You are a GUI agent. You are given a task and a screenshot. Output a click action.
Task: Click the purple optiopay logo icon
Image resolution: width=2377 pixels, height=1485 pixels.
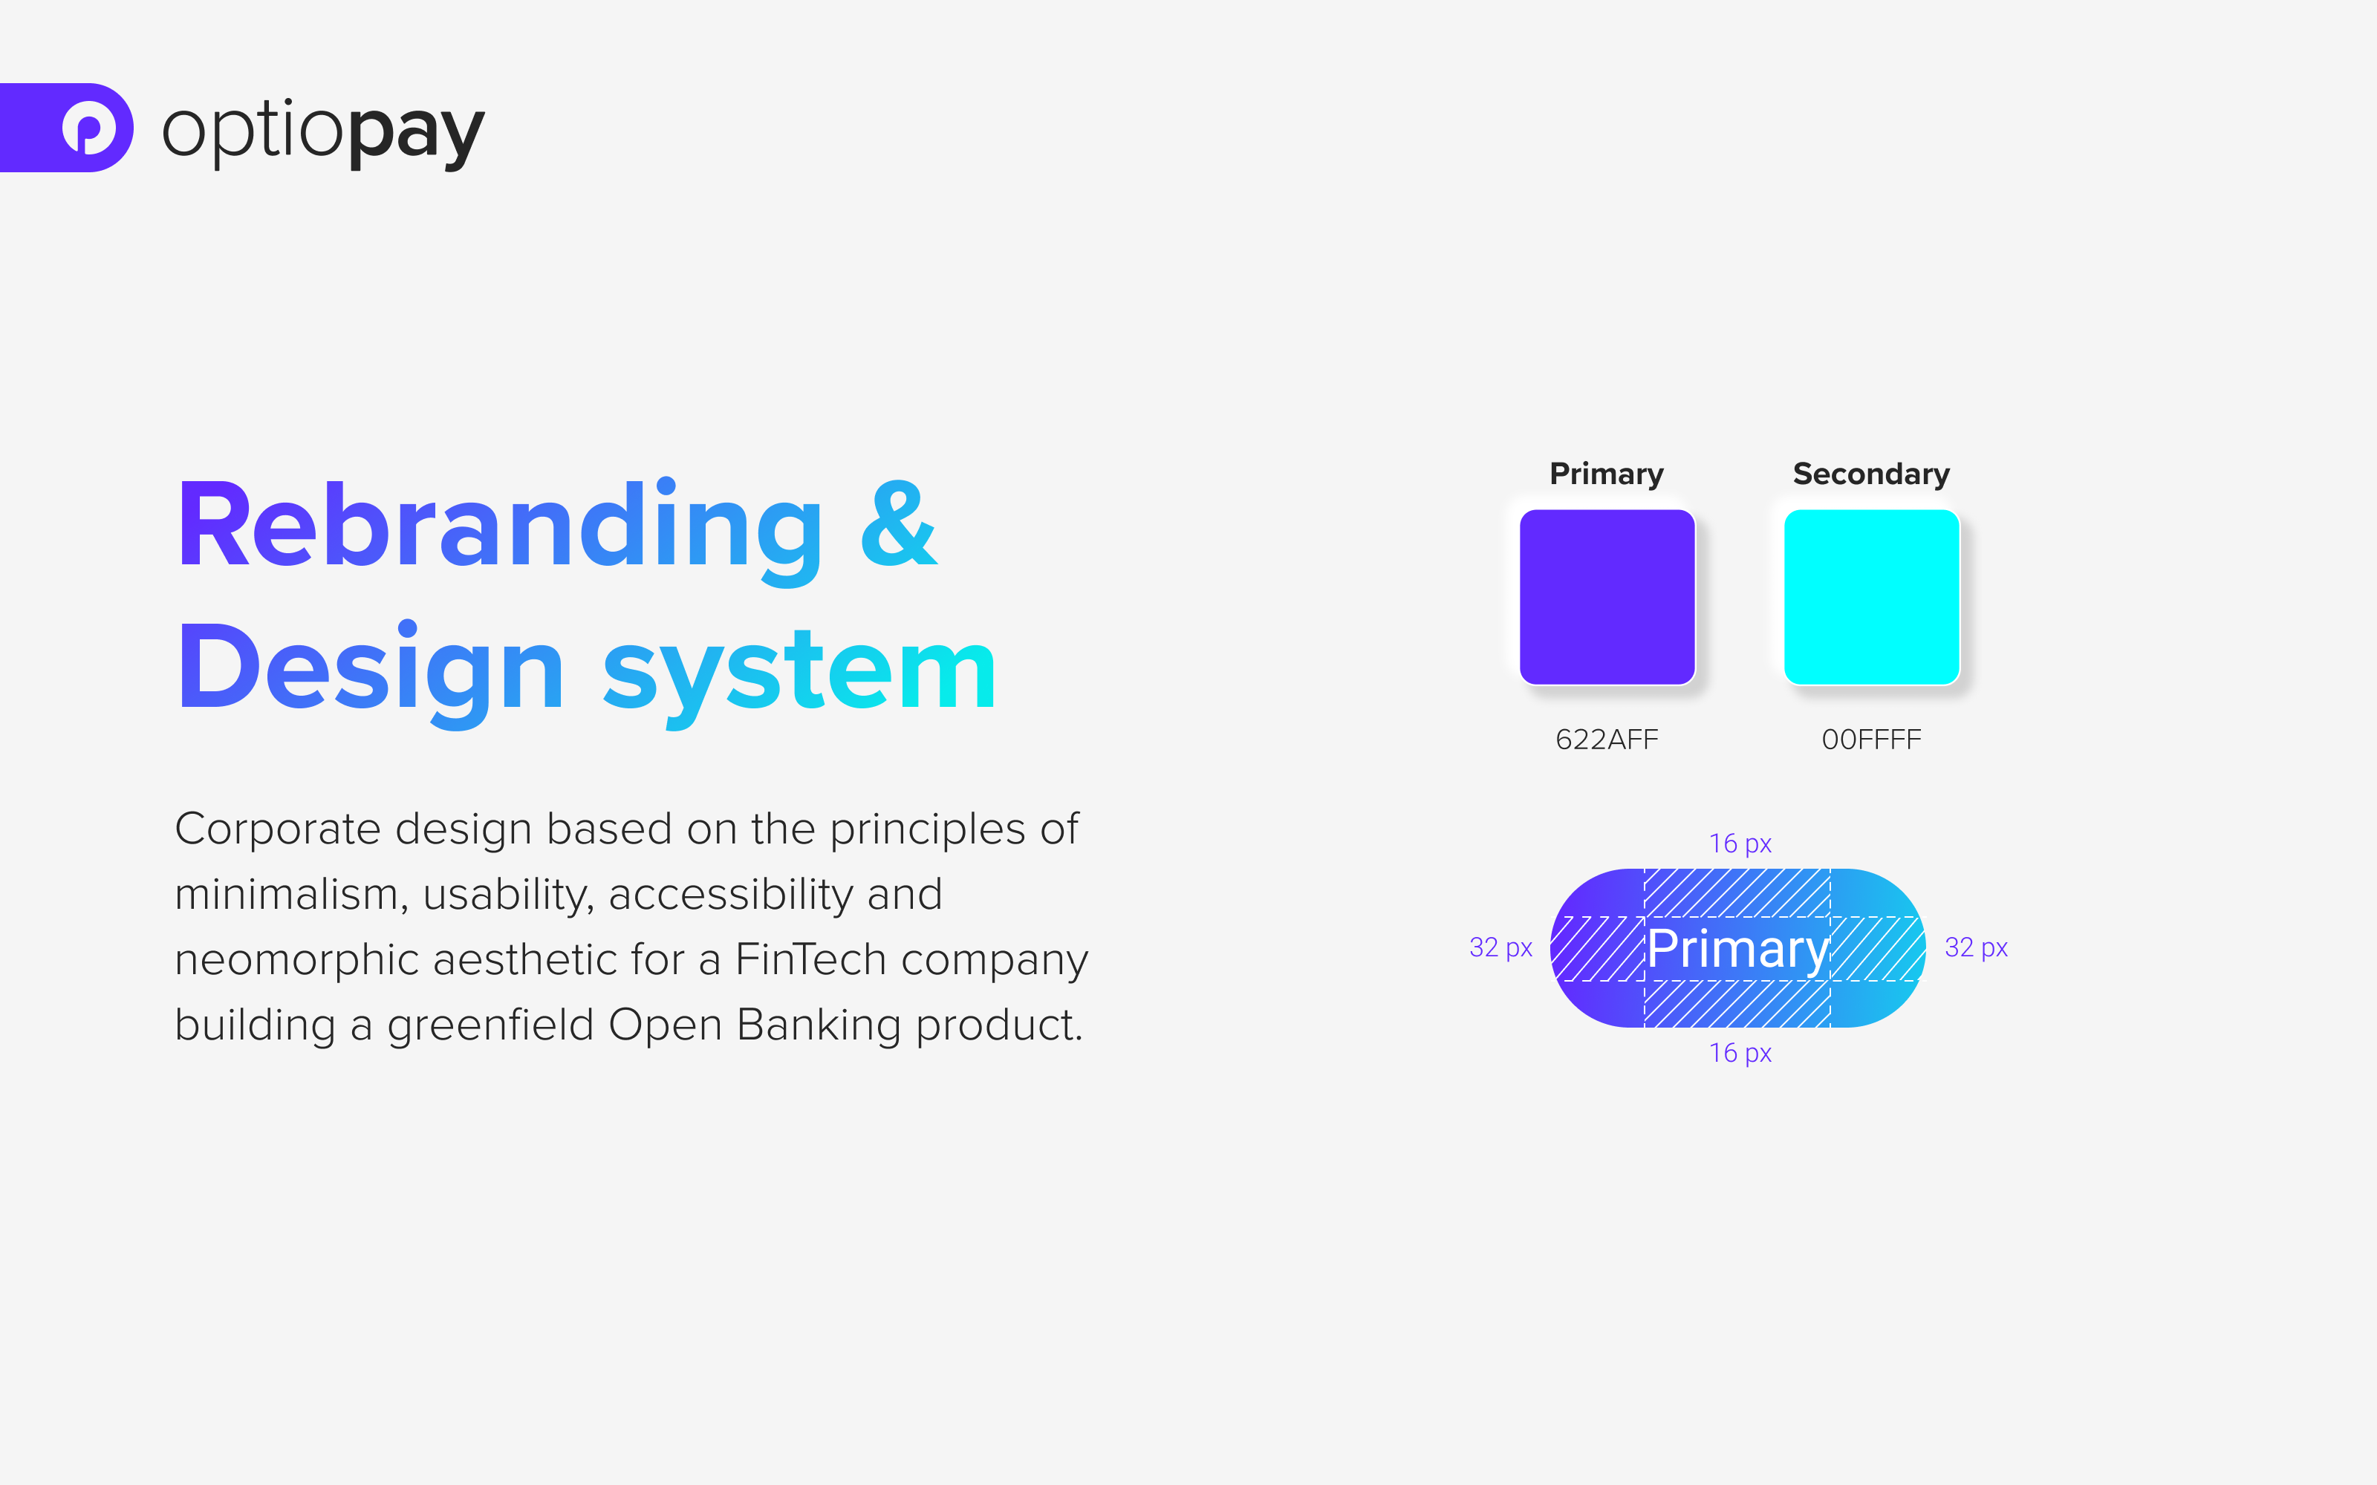click(x=91, y=128)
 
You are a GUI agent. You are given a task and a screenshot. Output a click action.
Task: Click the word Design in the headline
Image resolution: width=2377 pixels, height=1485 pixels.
click(x=371, y=670)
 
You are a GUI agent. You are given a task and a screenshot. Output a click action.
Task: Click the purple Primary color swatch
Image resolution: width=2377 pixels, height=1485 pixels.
click(x=1607, y=597)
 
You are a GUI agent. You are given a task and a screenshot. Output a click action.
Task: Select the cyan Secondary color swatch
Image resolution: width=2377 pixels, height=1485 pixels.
click(x=1871, y=597)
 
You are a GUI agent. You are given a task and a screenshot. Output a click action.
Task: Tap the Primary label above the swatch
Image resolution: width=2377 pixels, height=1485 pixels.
click(x=1606, y=474)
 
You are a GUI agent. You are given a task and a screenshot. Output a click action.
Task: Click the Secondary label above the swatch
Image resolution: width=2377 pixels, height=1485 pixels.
click(x=1870, y=474)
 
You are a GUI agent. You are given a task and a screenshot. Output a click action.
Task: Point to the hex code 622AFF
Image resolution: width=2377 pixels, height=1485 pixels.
click(x=1606, y=740)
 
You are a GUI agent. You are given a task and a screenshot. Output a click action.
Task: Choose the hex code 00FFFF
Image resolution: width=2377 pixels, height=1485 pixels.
click(x=1870, y=740)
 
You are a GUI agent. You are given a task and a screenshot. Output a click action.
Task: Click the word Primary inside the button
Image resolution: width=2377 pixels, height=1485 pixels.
click(x=1737, y=949)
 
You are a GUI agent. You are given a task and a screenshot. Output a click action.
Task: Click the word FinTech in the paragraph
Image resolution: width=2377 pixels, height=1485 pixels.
click(x=810, y=959)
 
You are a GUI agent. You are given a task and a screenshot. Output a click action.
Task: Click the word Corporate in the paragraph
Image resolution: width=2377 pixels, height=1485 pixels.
click(x=277, y=830)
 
